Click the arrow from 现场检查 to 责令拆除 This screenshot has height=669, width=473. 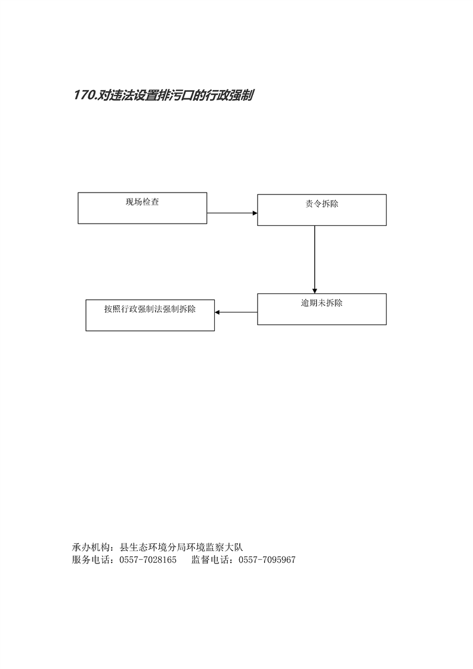click(x=232, y=213)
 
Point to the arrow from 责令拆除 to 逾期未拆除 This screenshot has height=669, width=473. click(x=314, y=259)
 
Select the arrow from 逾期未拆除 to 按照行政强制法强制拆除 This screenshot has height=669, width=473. click(x=236, y=312)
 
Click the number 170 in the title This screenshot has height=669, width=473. click(x=84, y=95)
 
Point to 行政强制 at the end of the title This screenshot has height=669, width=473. click(x=230, y=95)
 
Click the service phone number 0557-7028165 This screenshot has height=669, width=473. click(x=148, y=560)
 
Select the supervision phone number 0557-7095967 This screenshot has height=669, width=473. click(x=267, y=560)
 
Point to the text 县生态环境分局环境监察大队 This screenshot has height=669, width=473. click(x=181, y=547)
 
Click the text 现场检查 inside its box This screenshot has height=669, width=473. click(x=142, y=202)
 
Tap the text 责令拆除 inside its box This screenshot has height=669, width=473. click(x=321, y=204)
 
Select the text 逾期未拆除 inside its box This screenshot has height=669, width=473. click(x=321, y=303)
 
